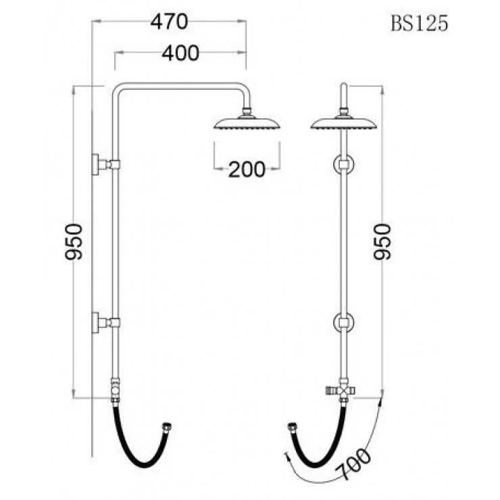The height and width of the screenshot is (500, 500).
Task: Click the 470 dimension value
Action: click(170, 22)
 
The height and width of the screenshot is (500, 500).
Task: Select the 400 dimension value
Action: click(180, 53)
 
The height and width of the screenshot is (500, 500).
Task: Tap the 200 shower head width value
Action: click(247, 170)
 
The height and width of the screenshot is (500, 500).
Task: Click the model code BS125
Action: click(420, 24)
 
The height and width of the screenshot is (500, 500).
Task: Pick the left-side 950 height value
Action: click(74, 242)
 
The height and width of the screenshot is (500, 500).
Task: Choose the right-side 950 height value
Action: click(382, 242)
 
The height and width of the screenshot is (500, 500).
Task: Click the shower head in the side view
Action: click(247, 124)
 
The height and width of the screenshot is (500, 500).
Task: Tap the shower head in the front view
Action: click(344, 124)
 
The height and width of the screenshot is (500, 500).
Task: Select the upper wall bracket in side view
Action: click(105, 165)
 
